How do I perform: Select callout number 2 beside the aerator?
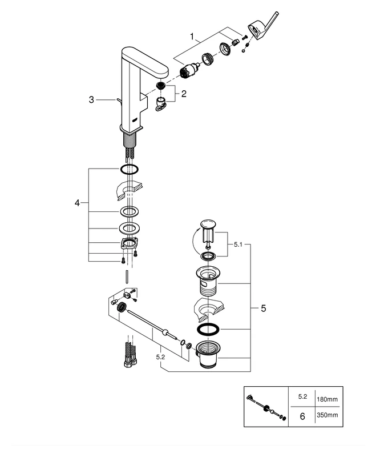184,94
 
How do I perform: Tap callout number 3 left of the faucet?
91,100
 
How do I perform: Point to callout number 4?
78,203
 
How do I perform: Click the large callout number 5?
263,308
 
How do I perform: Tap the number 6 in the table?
302,416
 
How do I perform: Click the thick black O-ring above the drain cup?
208,330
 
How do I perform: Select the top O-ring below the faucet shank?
130,169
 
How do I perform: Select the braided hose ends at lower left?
128,354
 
